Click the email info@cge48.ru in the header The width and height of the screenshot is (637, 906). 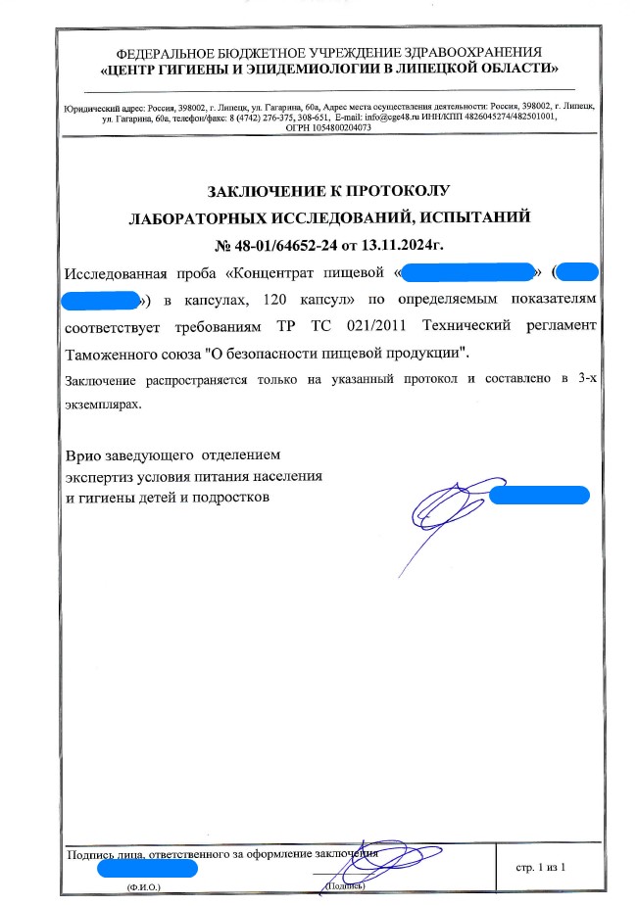click(370, 116)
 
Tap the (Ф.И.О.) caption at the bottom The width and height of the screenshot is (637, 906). click(142, 886)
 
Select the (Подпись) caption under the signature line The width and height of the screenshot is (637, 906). click(344, 886)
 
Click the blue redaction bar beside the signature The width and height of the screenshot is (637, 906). click(539, 496)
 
